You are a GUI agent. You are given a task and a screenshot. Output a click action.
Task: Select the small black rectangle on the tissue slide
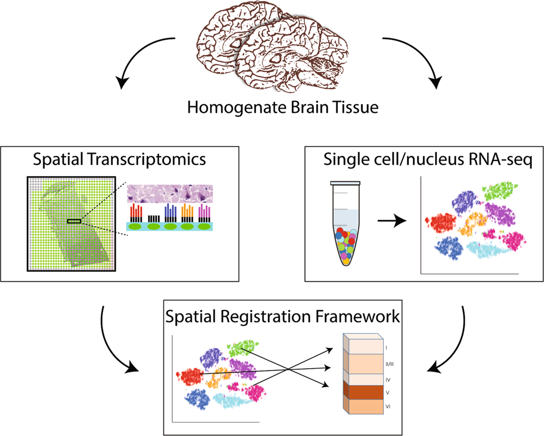(74, 221)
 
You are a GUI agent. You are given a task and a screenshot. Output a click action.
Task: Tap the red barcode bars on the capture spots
(136, 212)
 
